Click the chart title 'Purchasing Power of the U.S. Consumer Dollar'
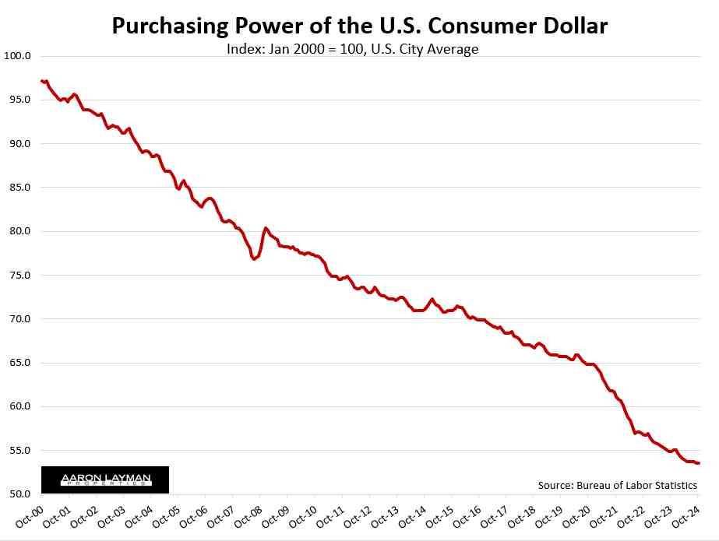[359, 26]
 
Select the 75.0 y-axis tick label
[19, 275]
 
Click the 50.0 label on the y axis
[19, 494]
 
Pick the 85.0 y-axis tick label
[19, 188]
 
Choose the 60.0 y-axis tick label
[19, 406]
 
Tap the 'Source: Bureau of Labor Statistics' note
[617, 485]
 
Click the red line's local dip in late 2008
[255, 258]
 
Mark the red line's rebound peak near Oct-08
[266, 228]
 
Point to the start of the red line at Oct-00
[42, 81]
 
